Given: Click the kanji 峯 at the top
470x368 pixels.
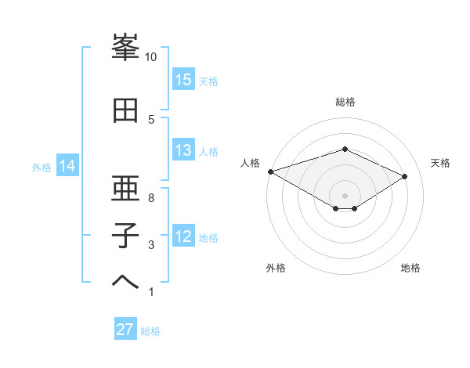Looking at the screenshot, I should [125, 49].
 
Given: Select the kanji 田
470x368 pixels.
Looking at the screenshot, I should [125, 111].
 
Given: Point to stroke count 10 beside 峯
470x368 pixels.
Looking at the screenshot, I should [151, 57].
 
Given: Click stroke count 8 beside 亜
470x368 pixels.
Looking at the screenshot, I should [151, 198].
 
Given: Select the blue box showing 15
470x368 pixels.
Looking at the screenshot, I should [183, 80].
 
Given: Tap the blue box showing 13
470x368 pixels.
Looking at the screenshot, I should [183, 150].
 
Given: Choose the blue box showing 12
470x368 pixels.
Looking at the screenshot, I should [183, 236].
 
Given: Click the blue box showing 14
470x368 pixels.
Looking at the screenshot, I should [67, 166].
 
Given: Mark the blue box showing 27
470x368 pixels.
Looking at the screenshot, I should [125, 330].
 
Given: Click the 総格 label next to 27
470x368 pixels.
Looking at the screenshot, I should [150, 331].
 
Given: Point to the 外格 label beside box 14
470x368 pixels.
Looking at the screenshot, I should [42, 167].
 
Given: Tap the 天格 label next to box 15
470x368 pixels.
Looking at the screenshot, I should [208, 81].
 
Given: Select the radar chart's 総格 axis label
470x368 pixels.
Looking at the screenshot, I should [345, 102].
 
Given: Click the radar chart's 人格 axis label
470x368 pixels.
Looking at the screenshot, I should [251, 162].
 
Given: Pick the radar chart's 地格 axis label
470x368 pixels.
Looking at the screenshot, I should [410, 268].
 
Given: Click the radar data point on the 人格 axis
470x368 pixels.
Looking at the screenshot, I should [270, 171].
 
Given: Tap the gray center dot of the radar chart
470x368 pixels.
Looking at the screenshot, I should [345, 195].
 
